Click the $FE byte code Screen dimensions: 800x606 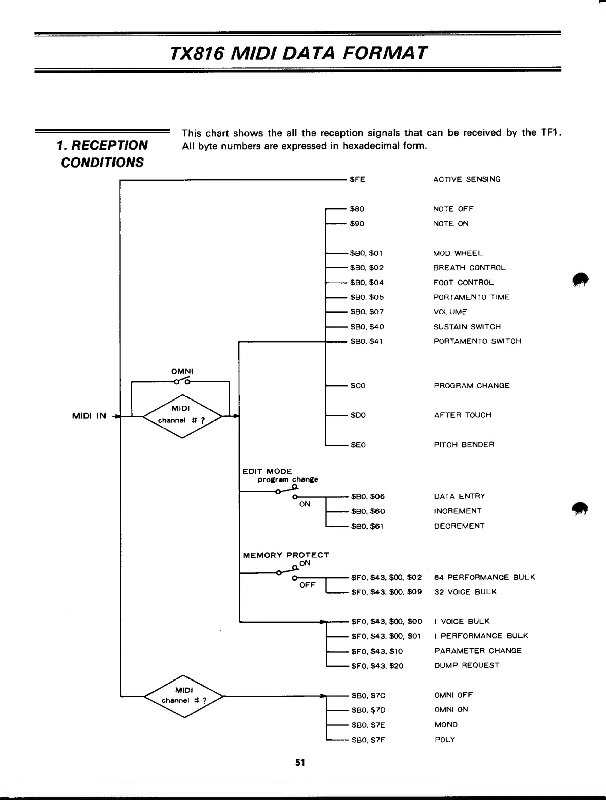[x=357, y=179]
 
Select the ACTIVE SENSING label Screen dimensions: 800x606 [x=466, y=179]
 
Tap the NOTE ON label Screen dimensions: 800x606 [x=450, y=224]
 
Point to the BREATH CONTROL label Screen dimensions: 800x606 [x=469, y=268]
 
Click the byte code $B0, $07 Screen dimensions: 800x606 [x=367, y=312]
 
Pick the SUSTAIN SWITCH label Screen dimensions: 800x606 [x=467, y=327]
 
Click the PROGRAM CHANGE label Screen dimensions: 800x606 [x=471, y=386]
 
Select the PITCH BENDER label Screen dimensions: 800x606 [x=464, y=445]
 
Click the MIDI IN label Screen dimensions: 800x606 [x=90, y=416]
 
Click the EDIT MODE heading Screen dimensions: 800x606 [x=267, y=471]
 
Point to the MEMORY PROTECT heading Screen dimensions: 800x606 [x=286, y=555]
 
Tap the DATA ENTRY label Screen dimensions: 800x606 [x=460, y=496]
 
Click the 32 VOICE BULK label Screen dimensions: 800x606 [x=465, y=592]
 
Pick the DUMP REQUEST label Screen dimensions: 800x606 [x=467, y=665]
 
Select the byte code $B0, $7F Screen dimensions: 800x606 [x=368, y=740]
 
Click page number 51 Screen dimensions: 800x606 [x=300, y=762]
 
